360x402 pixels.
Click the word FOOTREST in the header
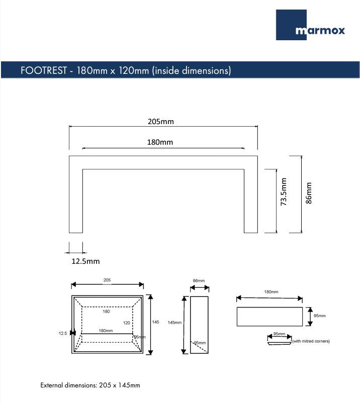point(44,70)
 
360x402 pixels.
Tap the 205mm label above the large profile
point(161,122)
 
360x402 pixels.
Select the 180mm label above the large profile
point(160,142)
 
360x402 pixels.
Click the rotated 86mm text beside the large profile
point(309,193)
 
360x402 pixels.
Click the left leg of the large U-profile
point(75,201)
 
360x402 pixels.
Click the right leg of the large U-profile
point(251,201)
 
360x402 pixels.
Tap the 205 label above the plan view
point(107,280)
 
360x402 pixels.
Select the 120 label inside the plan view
point(127,323)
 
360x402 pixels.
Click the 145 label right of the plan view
point(156,322)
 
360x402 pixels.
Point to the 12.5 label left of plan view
point(63,333)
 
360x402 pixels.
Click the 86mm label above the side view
point(199,280)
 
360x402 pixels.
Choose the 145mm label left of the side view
point(174,322)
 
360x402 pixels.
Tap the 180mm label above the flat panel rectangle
point(271,291)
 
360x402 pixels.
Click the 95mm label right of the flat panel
point(320,316)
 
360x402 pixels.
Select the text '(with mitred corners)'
point(311,341)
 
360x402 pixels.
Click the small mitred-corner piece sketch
point(279,342)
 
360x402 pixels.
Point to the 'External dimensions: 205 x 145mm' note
point(91,385)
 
